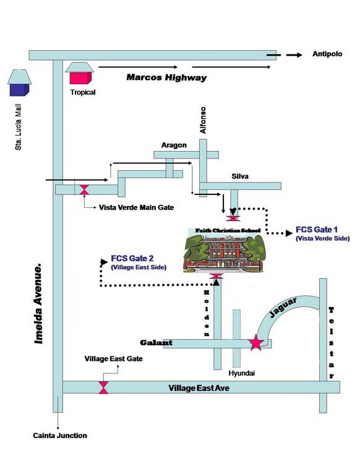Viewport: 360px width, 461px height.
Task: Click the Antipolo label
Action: coord(327,54)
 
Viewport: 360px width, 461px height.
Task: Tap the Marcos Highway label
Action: coord(166,77)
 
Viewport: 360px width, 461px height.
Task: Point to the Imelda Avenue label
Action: coord(38,304)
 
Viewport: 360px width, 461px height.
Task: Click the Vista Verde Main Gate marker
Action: coord(84,189)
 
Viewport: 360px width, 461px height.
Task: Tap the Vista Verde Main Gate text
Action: coord(136,207)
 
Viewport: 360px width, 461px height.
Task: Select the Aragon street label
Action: coord(174,145)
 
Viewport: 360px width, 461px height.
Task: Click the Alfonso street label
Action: coord(203,120)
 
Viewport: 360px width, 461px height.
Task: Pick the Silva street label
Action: coord(240,176)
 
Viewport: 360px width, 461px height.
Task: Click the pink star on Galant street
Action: coord(256,343)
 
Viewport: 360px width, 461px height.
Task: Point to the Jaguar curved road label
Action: coord(283,308)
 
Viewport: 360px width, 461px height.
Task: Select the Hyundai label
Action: coord(242,373)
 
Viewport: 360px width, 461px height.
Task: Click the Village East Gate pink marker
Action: coord(103,388)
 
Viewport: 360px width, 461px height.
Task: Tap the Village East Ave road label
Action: coord(199,388)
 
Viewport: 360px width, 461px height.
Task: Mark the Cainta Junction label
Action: coord(60,436)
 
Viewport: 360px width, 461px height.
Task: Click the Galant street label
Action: coord(156,343)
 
